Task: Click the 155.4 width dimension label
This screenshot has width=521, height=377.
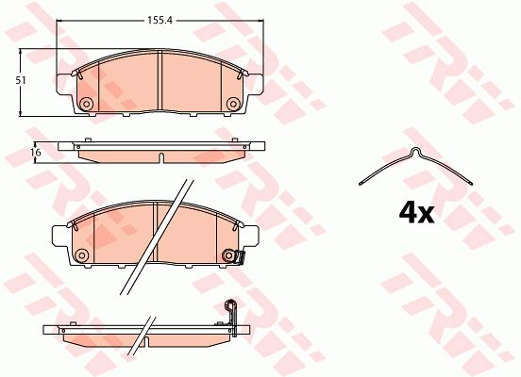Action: coord(160,21)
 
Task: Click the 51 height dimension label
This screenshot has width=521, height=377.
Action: coord(22,80)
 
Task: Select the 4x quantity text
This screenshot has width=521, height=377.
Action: coord(416,213)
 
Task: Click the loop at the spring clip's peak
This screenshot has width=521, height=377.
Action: coord(415,152)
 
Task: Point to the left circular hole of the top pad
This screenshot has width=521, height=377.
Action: coord(87,104)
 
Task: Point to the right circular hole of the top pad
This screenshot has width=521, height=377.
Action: coord(232,104)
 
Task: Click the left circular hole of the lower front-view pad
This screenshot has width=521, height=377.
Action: coord(81,255)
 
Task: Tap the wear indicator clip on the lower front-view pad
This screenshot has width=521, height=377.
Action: coord(240,258)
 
